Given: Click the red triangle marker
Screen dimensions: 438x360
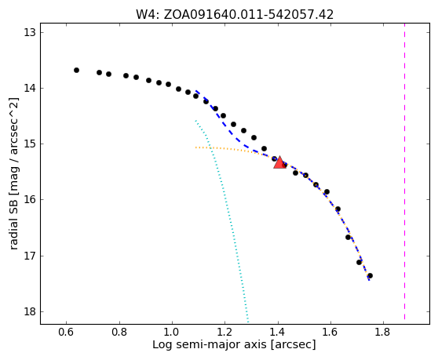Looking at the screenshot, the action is [279, 163].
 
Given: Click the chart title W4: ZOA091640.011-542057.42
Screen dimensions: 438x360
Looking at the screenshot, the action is [235, 14].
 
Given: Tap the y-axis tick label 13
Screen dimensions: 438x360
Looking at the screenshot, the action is [30, 32].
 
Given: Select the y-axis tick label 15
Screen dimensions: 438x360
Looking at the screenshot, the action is [30, 144].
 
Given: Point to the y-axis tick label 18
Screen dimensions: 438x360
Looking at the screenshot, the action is [30, 311].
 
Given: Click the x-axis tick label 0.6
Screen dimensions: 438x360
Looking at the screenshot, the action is [66, 333].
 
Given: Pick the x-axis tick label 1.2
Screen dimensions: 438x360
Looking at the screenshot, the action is [224, 333].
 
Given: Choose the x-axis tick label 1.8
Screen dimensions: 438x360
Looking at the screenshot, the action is [383, 333].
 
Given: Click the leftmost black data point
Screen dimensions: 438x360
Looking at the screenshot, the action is [77, 70].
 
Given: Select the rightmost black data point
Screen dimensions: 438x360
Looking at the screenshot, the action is [370, 276].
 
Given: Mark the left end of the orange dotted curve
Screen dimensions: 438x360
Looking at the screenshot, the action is [195, 147].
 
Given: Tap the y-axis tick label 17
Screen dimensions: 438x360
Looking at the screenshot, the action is [30, 256].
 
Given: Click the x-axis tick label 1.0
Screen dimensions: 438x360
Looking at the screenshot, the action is [172, 333].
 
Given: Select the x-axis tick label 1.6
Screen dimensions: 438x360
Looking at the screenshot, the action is [330, 333].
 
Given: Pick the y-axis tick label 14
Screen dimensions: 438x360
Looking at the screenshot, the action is [30, 88].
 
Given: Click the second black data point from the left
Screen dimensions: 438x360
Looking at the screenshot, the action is [99, 73].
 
